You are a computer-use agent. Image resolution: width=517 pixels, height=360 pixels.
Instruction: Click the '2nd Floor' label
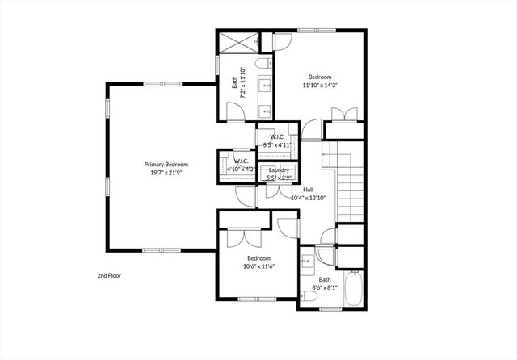point(109,275)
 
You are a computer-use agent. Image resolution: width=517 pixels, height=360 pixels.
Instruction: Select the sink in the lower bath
point(308,262)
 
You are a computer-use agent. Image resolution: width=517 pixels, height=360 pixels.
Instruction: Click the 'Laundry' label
point(279,170)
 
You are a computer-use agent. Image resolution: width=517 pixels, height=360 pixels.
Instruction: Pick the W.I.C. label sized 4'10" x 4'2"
point(240,165)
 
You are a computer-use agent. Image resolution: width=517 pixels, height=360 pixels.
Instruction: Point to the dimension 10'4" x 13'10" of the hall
point(308,197)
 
